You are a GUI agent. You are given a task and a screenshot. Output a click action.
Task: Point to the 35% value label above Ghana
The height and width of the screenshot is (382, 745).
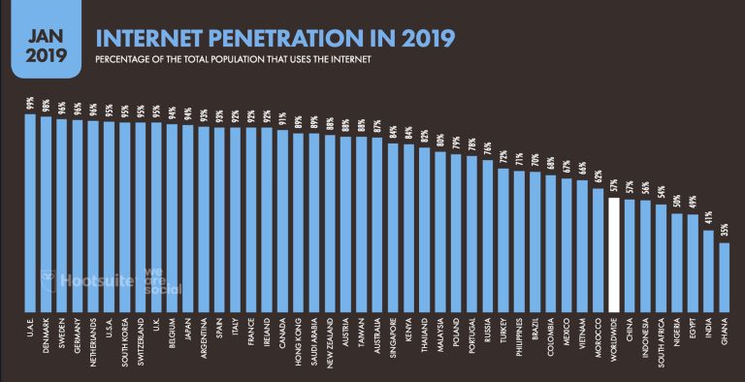click(x=723, y=231)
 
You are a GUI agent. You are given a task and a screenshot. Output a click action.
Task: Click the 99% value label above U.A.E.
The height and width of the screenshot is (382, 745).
click(x=30, y=104)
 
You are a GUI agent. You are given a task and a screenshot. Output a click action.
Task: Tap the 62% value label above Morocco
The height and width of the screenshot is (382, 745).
click(x=598, y=176)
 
